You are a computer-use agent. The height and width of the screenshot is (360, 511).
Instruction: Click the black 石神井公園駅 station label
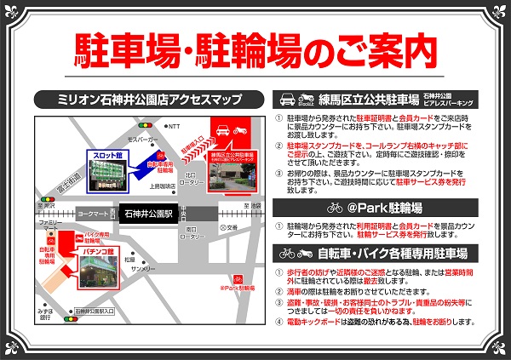pos(151,214)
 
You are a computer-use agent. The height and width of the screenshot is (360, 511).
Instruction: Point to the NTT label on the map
pos(175,125)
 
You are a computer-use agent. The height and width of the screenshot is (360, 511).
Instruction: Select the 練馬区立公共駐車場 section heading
pos(359,99)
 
